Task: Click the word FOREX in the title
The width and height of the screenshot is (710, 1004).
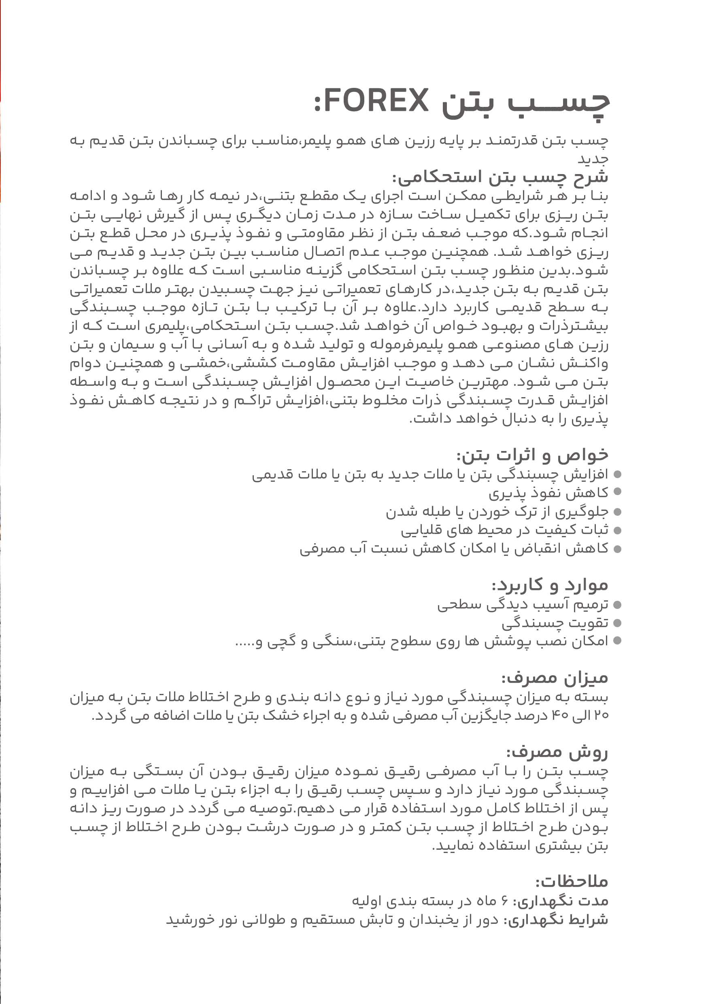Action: click(376, 100)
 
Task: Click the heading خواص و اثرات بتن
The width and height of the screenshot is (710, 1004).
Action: click(533, 455)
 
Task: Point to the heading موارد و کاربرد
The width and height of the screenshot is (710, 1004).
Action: click(550, 585)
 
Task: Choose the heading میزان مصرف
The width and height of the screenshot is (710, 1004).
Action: click(555, 678)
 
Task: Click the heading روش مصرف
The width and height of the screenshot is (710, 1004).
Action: click(557, 753)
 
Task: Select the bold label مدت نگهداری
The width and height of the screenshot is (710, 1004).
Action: click(561, 901)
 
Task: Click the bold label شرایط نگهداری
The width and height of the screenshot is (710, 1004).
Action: click(556, 920)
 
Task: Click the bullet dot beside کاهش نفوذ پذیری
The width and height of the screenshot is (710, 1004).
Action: click(617, 492)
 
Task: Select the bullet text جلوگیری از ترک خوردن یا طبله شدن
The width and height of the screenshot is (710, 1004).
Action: click(497, 512)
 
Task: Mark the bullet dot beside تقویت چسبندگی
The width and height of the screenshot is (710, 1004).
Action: click(617, 623)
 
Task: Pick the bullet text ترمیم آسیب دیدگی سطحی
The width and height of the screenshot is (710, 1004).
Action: click(523, 604)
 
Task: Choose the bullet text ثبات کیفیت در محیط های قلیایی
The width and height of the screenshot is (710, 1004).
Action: click(504, 530)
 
